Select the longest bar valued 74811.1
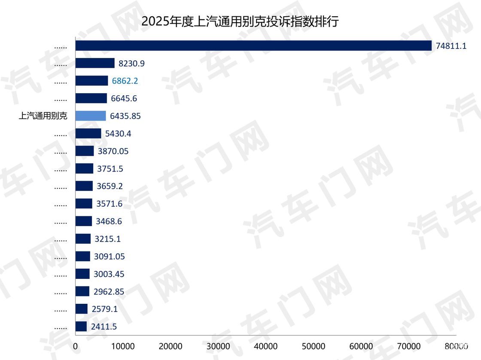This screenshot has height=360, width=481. click(x=253, y=45)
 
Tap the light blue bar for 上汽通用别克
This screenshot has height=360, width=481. click(x=91, y=116)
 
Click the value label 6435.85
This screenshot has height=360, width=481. click(x=125, y=116)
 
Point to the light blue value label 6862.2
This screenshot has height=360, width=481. click(x=125, y=81)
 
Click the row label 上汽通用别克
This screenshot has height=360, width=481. click(x=43, y=116)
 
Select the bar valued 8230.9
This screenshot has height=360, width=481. click(x=95, y=63)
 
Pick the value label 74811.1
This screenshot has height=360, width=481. click(x=451, y=45)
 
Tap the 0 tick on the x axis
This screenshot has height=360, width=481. click(x=76, y=346)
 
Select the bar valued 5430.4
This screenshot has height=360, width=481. click(x=88, y=133)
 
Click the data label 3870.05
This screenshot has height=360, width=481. click(x=113, y=151)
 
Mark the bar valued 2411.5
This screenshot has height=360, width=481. click(x=81, y=327)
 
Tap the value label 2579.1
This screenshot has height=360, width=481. click(x=104, y=309)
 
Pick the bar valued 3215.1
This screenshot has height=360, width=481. click(x=83, y=239)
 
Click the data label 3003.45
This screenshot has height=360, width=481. click(x=109, y=274)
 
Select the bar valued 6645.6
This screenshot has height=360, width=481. click(x=91, y=98)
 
